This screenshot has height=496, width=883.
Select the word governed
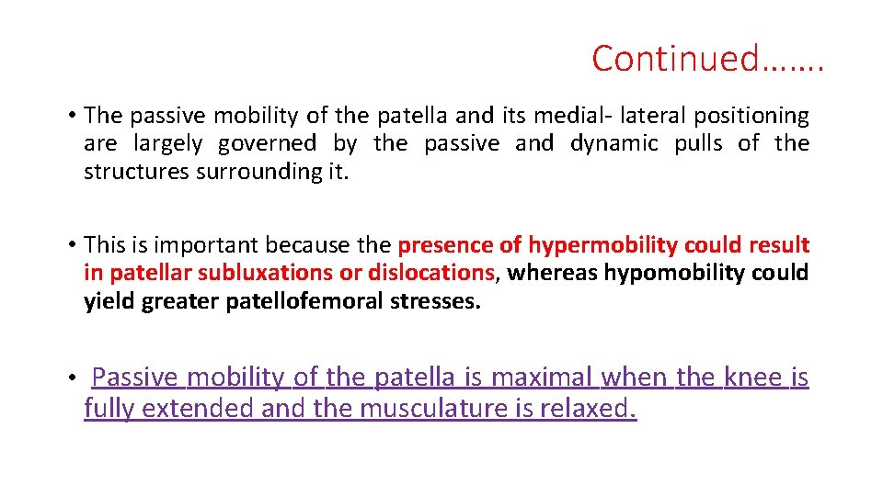pyautogui.click(x=267, y=143)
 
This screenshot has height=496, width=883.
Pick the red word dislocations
pyautogui.click(x=431, y=273)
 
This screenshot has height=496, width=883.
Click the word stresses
pyautogui.click(x=432, y=301)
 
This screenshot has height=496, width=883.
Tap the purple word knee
pyautogui.click(x=753, y=378)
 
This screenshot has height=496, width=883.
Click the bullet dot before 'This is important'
pyautogui.click(x=71, y=246)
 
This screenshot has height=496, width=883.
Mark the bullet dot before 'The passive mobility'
pyautogui.click(x=71, y=117)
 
